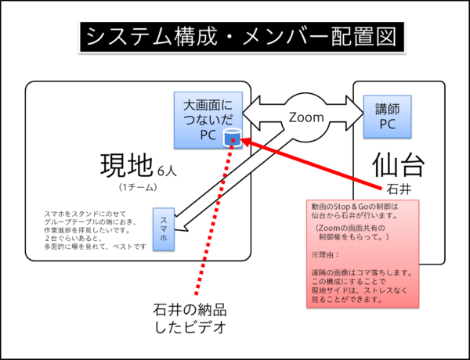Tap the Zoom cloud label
[306, 117]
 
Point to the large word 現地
[126, 166]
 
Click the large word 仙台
[398, 165]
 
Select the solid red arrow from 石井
[313, 165]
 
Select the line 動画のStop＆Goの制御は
[354, 207]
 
